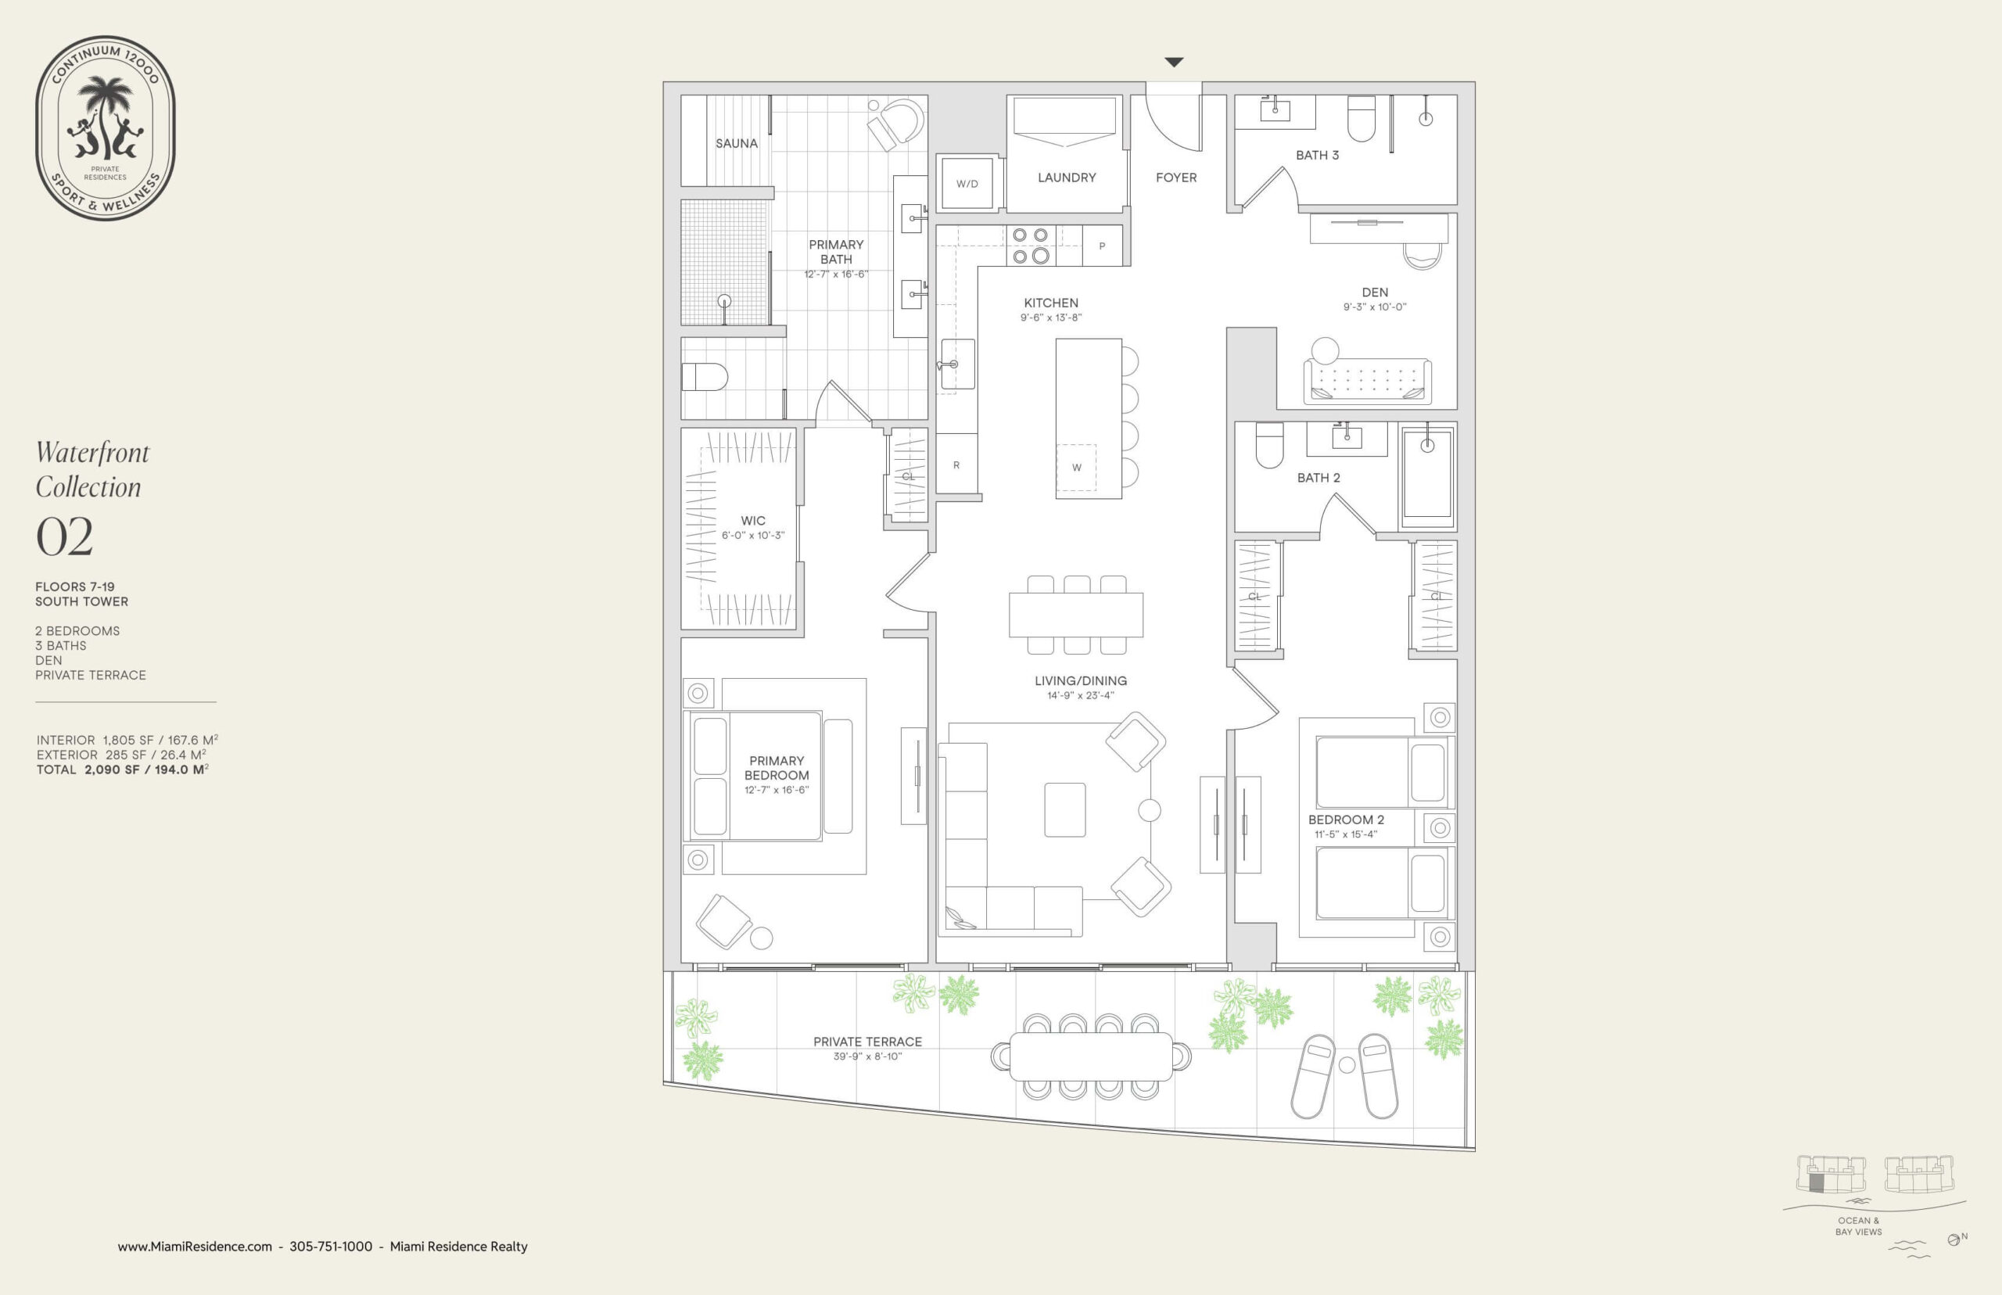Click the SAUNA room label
(737, 144)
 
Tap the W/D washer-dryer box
(967, 183)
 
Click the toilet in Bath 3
(1362, 118)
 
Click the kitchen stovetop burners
(1030, 246)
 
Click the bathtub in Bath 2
(1427, 476)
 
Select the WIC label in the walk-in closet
(752, 521)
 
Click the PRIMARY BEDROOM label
(777, 768)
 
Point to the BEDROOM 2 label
(1346, 820)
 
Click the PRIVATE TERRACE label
(868, 1042)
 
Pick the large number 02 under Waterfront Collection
(64, 536)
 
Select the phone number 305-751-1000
(331, 1247)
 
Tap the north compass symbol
(1954, 1239)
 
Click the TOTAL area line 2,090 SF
(123, 769)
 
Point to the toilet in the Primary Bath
(704, 377)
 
